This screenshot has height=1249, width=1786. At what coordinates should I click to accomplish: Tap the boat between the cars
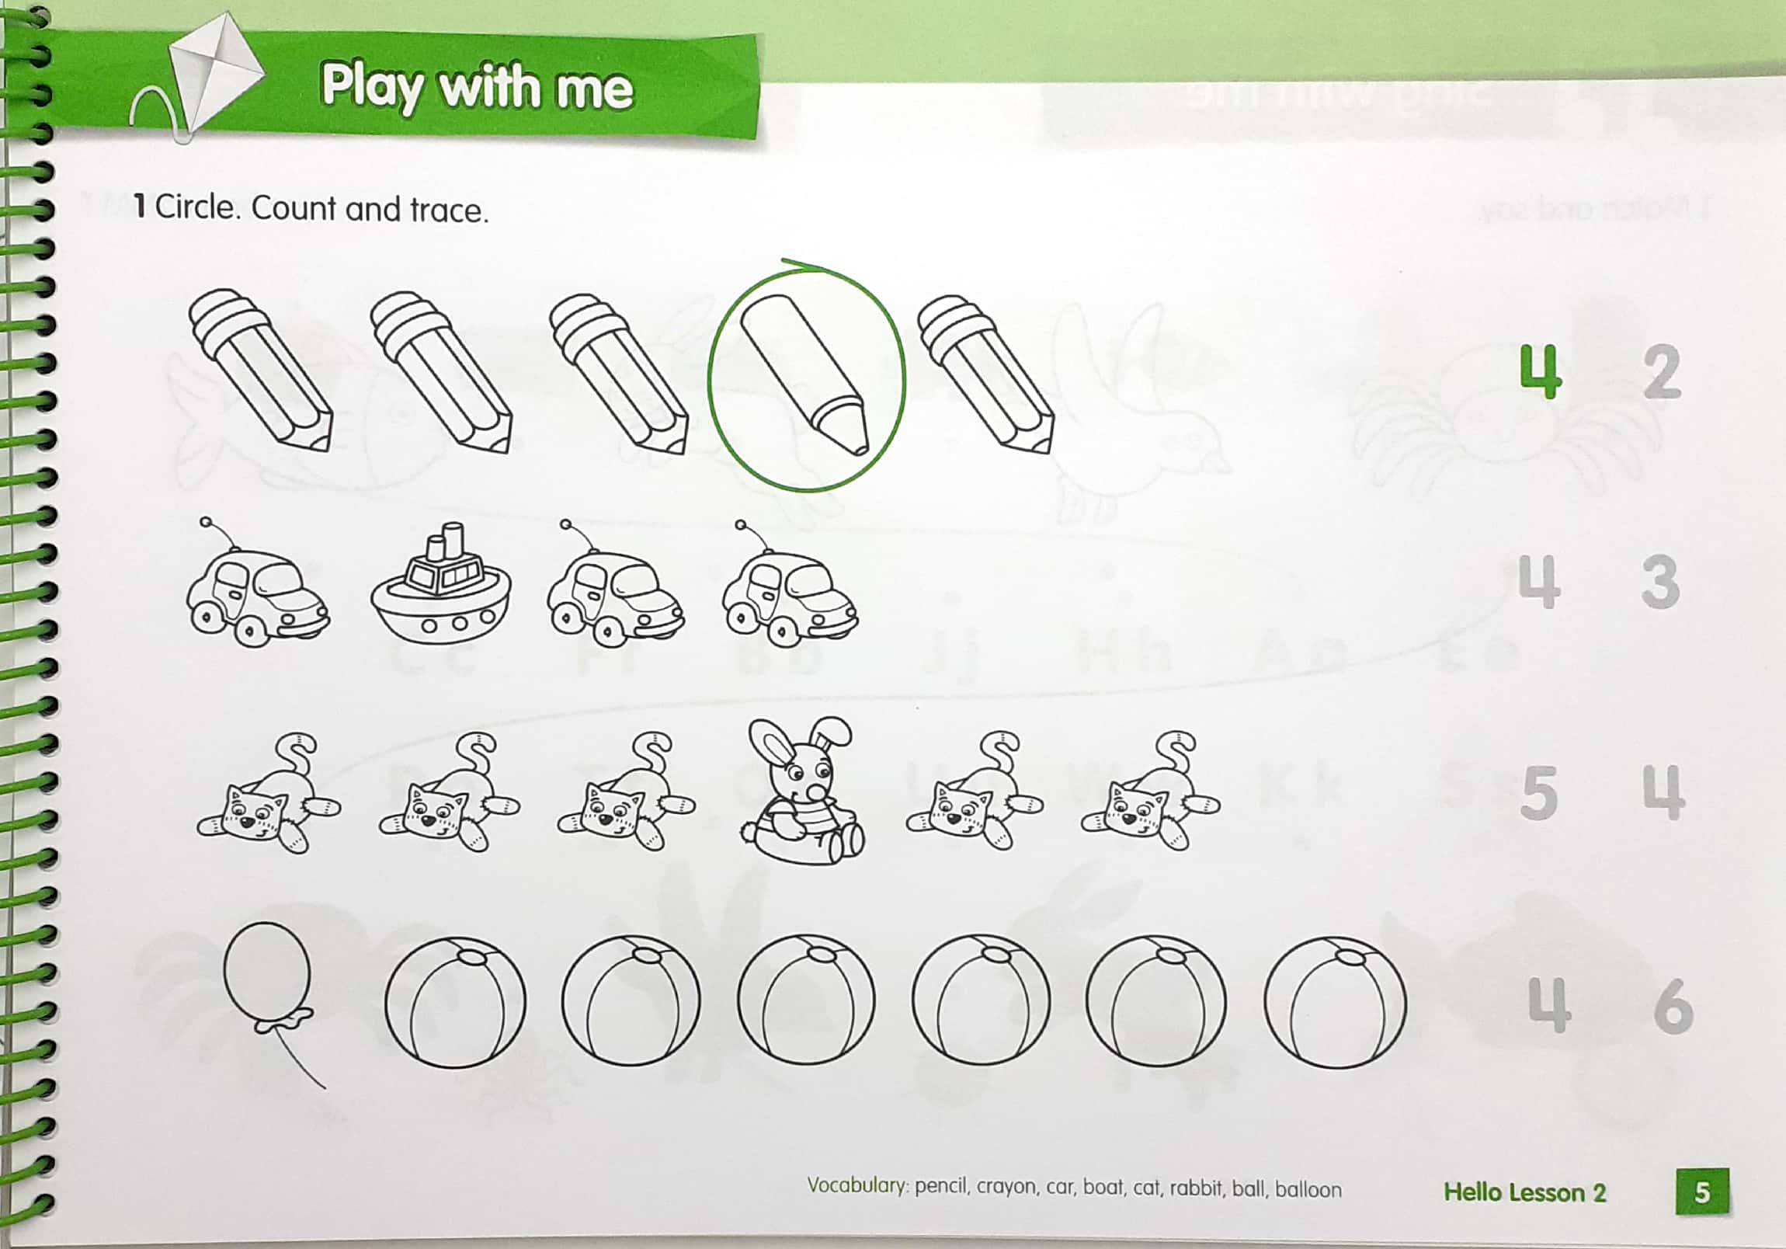tap(440, 588)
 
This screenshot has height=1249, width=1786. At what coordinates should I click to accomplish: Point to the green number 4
tap(1540, 372)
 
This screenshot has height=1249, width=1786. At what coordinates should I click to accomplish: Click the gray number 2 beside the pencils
tap(1663, 372)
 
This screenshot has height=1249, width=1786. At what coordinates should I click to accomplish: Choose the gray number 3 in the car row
tap(1661, 582)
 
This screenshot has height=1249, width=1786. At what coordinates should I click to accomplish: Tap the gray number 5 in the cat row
tap(1538, 793)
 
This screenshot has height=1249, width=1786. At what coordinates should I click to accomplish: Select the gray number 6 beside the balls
tap(1673, 1005)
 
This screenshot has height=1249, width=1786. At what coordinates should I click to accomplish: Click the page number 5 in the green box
tap(1702, 1192)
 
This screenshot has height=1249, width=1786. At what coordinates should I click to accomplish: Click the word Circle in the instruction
tap(194, 207)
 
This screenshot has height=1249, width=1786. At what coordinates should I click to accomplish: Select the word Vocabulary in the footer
tap(857, 1186)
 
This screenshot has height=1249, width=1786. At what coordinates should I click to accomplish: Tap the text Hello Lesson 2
tap(1524, 1192)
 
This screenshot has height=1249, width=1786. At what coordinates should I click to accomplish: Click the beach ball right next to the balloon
tap(455, 1000)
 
